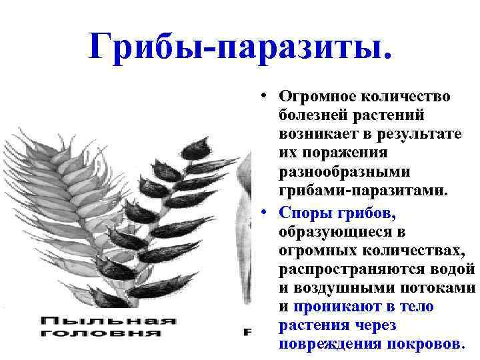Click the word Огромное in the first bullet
[x=317, y=97]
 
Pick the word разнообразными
[x=345, y=172]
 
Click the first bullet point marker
[x=266, y=96]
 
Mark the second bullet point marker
[x=266, y=211]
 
